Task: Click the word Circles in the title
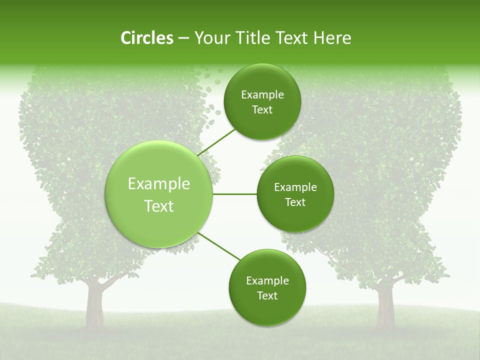[146, 38]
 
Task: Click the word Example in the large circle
[159, 184]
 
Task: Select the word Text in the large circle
[159, 206]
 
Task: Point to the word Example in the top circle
[262, 95]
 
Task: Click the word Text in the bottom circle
[267, 295]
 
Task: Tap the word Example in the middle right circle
[295, 187]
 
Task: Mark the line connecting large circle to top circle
[216, 142]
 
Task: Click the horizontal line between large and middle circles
[234, 194]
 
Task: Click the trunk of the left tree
[94, 302]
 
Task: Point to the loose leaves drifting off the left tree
[207, 95]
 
